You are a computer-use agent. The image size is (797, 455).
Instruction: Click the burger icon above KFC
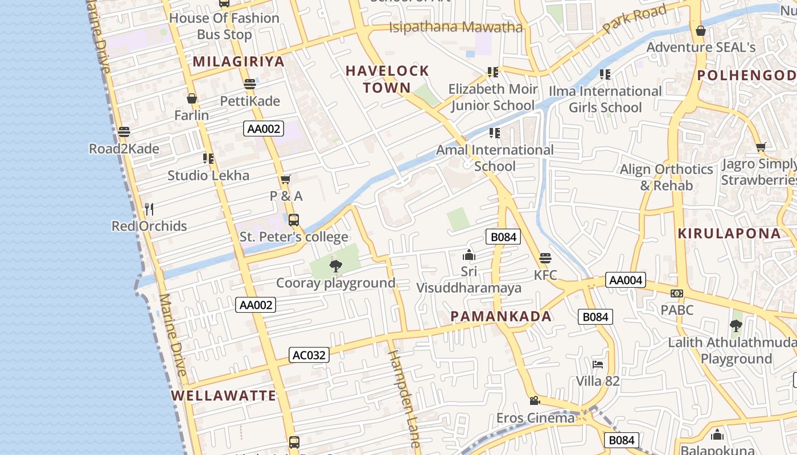[545, 258]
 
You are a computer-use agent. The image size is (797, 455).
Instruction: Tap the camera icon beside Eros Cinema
[535, 401]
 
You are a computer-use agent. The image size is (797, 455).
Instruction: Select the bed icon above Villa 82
[597, 365]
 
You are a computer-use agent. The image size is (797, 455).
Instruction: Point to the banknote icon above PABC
[676, 293]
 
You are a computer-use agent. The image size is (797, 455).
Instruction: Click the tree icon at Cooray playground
[336, 266]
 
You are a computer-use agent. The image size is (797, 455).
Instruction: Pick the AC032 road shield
[309, 355]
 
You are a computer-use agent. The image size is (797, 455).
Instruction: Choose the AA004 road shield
[625, 280]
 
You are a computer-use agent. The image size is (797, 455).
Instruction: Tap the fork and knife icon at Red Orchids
[149, 209]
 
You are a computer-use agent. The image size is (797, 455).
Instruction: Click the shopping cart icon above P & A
[286, 180]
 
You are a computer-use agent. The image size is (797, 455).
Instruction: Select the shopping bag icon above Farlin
[192, 98]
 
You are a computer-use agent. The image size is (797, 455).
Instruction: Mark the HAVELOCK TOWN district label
[387, 79]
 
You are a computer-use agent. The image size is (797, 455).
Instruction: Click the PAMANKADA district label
[501, 317]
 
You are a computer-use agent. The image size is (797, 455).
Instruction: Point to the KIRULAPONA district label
[729, 234]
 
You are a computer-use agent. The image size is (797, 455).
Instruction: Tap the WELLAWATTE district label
[224, 396]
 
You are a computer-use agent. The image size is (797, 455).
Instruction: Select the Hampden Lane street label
[404, 398]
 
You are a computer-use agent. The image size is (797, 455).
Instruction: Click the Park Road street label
[634, 19]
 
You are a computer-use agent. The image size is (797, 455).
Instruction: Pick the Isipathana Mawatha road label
[455, 27]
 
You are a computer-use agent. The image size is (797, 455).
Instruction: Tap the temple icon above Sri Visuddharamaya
[469, 255]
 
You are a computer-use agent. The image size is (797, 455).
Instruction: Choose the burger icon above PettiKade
[249, 85]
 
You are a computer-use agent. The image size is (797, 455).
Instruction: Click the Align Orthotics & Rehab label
[666, 177]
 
